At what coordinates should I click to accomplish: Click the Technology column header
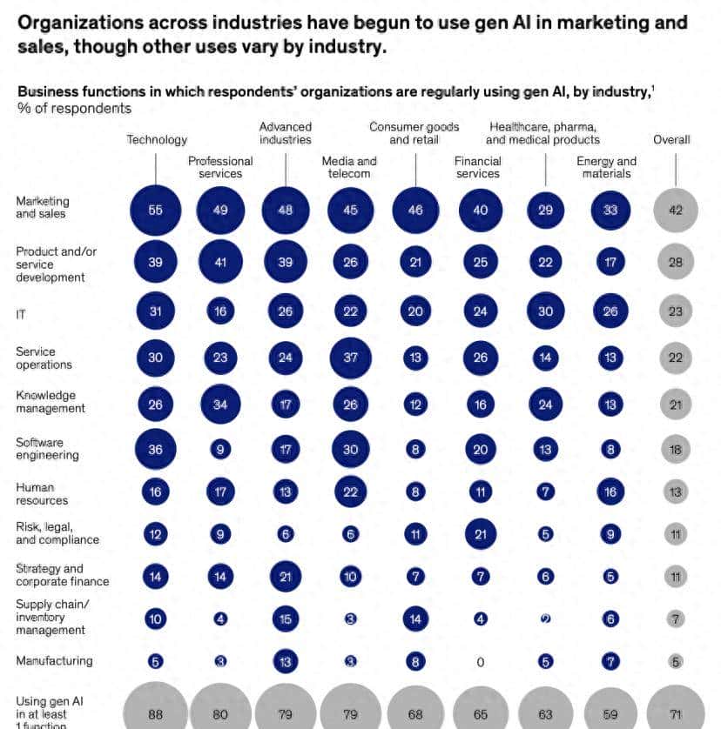tap(157, 139)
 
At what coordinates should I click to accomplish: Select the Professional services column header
tap(220, 167)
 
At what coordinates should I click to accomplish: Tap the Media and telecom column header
tap(349, 167)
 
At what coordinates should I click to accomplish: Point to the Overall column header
tap(671, 139)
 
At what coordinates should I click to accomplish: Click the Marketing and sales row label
tap(42, 207)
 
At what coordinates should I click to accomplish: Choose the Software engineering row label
tap(47, 449)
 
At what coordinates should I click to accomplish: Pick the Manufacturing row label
tap(54, 661)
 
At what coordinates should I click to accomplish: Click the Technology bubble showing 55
tap(156, 211)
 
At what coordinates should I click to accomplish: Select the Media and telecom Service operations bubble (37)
tap(350, 358)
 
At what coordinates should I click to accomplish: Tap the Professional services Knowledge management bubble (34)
tap(220, 405)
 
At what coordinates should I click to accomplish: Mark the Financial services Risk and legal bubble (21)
tap(480, 534)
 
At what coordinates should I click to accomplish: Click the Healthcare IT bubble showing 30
tap(545, 311)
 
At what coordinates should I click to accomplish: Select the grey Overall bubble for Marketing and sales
tap(676, 211)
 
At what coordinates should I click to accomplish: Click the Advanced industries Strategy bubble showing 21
tap(285, 577)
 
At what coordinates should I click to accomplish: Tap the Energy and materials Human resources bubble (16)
tap(610, 492)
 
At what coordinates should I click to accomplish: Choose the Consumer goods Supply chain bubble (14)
tap(415, 619)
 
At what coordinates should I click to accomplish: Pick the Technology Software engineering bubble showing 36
tap(156, 449)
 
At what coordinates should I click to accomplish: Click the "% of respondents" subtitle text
tap(74, 108)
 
